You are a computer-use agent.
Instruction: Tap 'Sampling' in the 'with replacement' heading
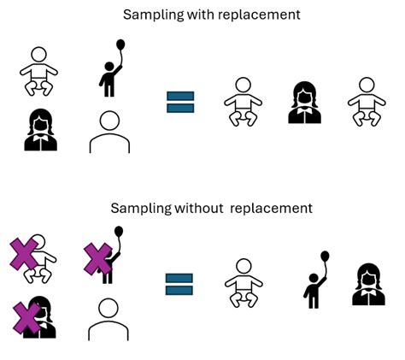(x=150, y=15)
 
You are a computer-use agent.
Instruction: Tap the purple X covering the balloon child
(x=98, y=259)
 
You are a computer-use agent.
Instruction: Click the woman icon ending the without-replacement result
(x=368, y=285)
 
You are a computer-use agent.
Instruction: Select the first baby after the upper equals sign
(x=244, y=103)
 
